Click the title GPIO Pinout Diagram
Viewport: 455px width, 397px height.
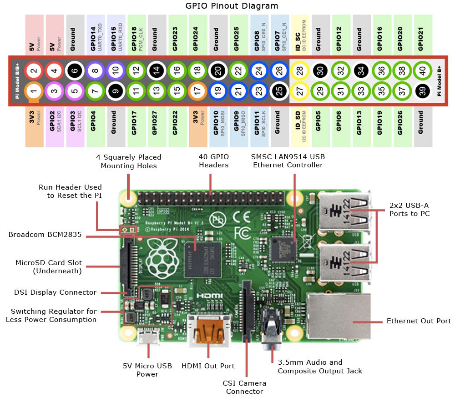232,6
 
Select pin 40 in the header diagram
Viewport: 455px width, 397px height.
423,71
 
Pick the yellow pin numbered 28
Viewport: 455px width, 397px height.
300,71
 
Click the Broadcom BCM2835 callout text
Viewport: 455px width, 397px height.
45,235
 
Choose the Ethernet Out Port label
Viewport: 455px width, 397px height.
419,321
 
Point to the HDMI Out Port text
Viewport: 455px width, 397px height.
208,366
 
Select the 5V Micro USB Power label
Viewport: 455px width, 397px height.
147,370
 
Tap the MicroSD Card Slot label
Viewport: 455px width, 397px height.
49,267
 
